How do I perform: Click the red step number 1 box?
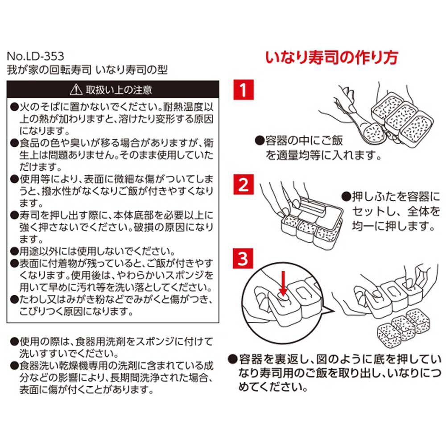tap(243, 90)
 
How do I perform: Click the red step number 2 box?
tap(243, 185)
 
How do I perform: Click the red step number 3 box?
tap(243, 259)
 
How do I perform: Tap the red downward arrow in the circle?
tap(283, 283)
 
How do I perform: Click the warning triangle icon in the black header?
tap(76, 90)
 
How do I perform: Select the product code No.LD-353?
tap(35, 56)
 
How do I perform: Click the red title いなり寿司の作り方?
tap(331, 58)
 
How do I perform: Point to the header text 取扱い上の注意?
tap(119, 90)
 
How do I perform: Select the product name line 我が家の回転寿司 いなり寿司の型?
tap(87, 70)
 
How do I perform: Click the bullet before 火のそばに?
tap(14, 107)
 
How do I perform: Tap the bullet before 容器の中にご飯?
tap(260, 140)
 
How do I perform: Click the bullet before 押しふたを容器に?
tap(346, 197)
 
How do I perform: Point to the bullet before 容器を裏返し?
tap(233, 359)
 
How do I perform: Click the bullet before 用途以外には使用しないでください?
tap(14, 252)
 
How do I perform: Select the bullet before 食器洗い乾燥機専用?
tap(14, 366)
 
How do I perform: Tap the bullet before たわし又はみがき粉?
tap(14, 300)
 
